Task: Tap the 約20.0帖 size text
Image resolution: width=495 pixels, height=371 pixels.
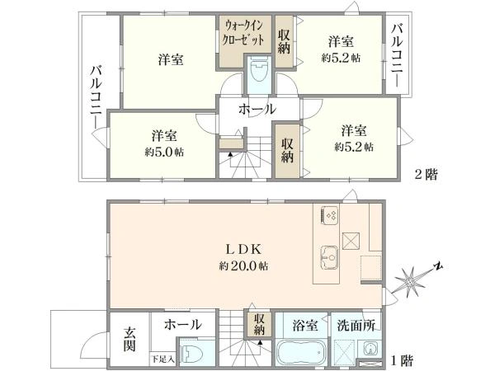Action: [244, 266]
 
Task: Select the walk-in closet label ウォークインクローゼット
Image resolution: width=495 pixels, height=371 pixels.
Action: [245, 35]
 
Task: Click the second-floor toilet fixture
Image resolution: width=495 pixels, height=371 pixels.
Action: [257, 72]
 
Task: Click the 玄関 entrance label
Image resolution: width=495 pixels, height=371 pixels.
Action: [130, 338]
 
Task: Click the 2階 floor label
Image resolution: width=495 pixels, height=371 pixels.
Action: [424, 174]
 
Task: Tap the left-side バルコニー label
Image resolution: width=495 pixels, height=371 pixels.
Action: [96, 96]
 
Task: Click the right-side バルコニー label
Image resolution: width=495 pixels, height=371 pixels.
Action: [397, 56]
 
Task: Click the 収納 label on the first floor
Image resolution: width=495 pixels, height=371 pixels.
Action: [259, 324]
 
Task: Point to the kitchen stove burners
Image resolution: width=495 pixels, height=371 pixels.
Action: [330, 214]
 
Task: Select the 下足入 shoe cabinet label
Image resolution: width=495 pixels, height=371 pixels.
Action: [162, 359]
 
